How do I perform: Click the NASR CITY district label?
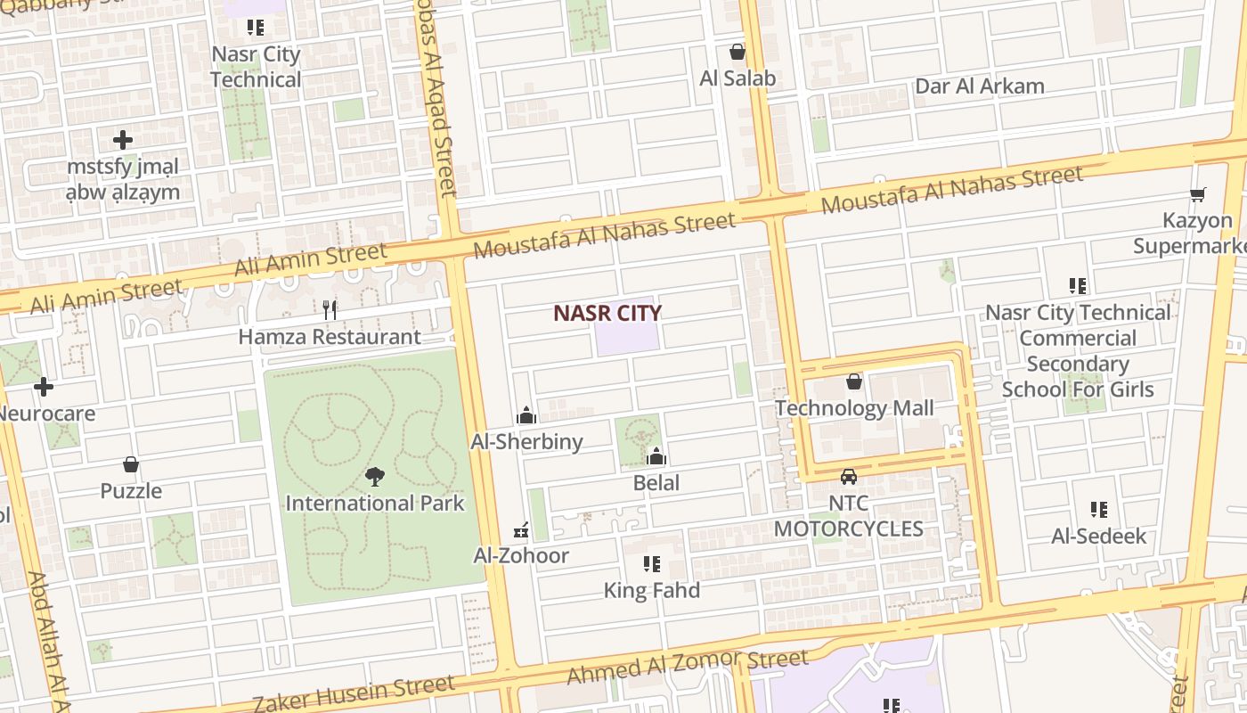coord(607,313)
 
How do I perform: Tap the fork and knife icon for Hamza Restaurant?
coord(330,309)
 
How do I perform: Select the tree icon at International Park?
coord(375,477)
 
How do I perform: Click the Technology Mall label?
coord(854,408)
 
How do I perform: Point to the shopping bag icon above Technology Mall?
coord(854,381)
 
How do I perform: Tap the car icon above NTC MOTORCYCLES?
coord(849,477)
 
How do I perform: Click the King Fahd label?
coord(652,590)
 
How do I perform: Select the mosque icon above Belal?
coord(656,457)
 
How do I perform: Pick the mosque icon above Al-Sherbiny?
coord(526,415)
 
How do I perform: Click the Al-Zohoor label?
coord(521,555)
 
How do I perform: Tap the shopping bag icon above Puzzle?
coord(131,464)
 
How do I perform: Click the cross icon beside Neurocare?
coord(43,387)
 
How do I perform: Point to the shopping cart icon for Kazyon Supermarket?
coord(1198,194)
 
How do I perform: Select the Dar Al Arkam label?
coord(980,86)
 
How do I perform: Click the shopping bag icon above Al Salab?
coord(737,52)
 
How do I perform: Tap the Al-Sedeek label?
coord(1099,536)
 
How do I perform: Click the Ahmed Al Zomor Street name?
coord(688,667)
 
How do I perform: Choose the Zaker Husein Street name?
coord(354,693)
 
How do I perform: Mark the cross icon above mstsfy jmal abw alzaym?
coord(123,140)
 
